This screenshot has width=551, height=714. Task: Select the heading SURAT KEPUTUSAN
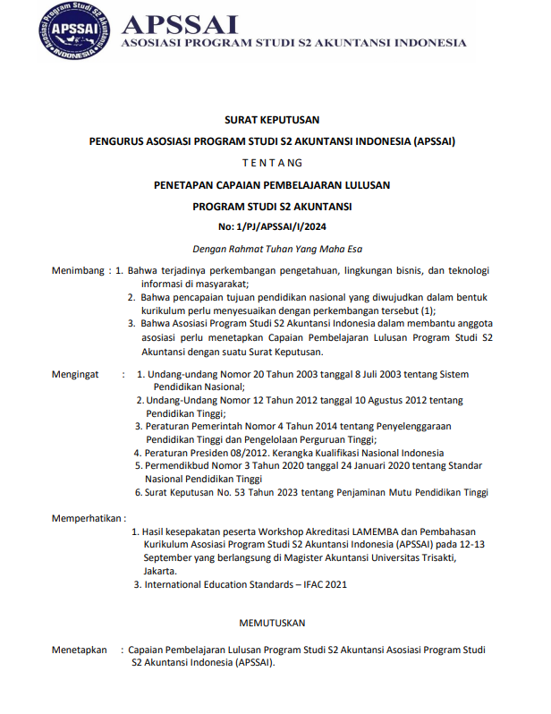272,119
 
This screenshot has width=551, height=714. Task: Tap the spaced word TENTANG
272,163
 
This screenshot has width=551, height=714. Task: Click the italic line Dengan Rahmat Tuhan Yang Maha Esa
272,249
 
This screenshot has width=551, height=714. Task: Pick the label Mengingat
75,374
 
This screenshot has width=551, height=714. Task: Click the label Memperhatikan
87,517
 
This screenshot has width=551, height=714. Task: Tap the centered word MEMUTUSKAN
272,622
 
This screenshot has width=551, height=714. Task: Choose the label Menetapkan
80,650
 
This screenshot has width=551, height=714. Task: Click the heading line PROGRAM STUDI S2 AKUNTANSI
272,206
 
